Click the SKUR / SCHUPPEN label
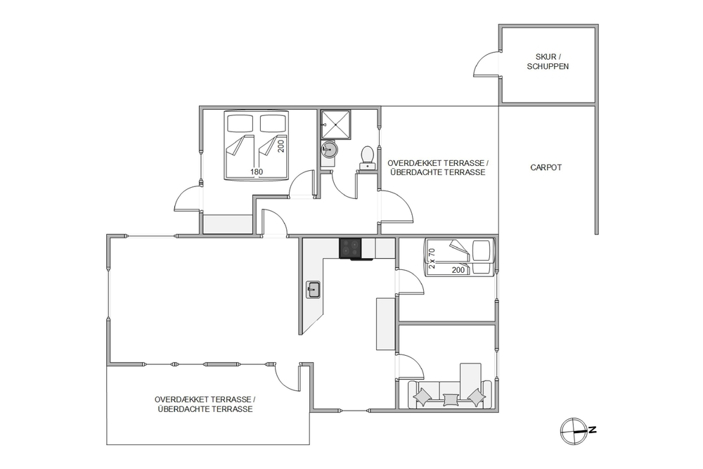tap(548, 61)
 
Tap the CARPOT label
tap(546, 167)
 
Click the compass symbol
tap(574, 431)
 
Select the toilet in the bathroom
tap(368, 158)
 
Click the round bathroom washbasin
tap(330, 148)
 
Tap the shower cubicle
tap(336, 124)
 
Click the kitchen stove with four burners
tap(350, 249)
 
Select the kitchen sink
tap(313, 290)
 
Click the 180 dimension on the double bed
tap(257, 172)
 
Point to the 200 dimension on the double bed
tap(281, 146)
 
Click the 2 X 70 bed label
tap(432, 258)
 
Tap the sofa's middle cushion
tap(450, 399)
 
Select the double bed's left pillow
tap(240, 123)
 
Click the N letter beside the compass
tap(592, 430)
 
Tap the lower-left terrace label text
tap(205, 404)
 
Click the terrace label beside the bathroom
tap(437, 167)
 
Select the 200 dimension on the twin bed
tap(458, 270)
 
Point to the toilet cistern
tap(368, 167)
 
